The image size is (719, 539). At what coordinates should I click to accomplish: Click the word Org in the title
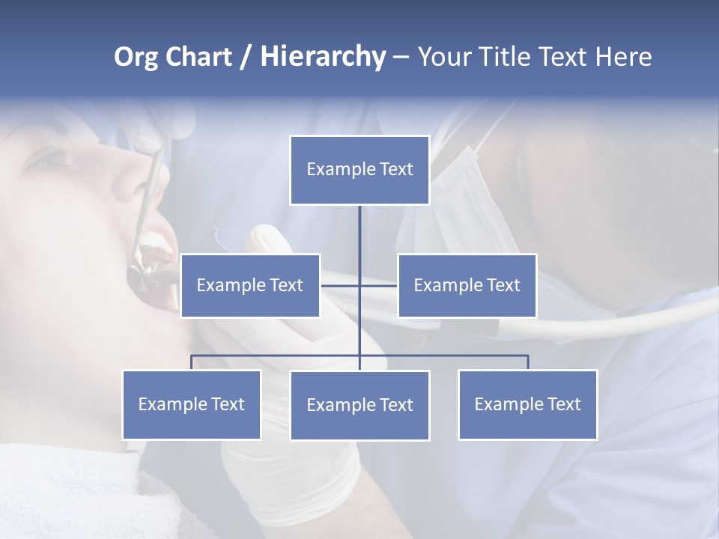[x=136, y=57]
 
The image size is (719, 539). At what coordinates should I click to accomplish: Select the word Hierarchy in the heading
[x=323, y=57]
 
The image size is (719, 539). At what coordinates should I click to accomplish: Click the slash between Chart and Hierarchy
[x=245, y=57]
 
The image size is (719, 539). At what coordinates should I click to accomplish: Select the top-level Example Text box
[x=359, y=170]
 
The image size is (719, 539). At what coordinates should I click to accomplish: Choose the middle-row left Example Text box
[x=250, y=285]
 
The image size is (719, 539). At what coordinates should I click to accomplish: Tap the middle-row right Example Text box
[x=467, y=285]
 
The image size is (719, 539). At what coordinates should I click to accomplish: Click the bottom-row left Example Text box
[x=192, y=404]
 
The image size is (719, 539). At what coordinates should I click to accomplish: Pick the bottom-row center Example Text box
[x=359, y=405]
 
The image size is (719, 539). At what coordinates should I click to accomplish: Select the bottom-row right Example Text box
[x=527, y=404]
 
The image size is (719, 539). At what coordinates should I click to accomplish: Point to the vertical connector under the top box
[x=359, y=232]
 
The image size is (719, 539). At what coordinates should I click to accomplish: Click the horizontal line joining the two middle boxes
[x=378, y=285]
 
